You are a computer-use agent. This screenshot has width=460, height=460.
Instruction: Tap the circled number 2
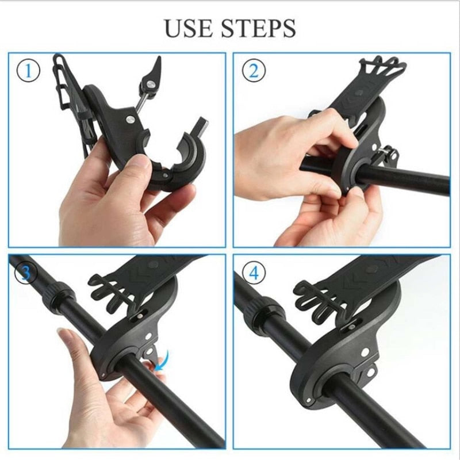tap(254, 71)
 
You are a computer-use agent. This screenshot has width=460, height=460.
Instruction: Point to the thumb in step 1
tap(135, 170)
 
